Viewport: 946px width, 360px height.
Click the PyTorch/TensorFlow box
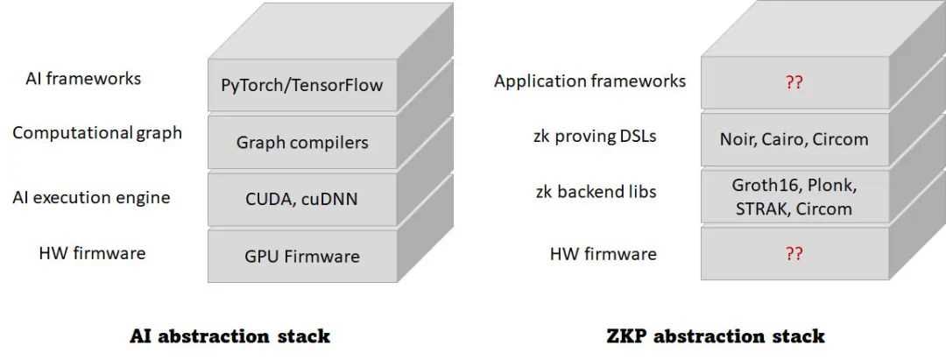click(302, 86)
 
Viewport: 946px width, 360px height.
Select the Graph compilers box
click(302, 142)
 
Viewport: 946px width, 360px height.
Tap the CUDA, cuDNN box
click(302, 199)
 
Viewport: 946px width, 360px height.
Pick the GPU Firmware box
click(302, 256)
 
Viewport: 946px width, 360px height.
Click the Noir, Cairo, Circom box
click(794, 139)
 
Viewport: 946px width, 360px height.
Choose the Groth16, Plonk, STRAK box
click(794, 197)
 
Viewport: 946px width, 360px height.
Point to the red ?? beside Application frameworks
click(794, 82)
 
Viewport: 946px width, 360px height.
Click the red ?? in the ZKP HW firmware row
click(794, 253)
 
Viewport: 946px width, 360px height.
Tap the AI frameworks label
click(83, 79)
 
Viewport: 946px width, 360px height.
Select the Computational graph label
click(97, 133)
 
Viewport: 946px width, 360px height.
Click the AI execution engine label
click(90, 197)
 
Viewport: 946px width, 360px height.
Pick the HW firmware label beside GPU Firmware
click(92, 253)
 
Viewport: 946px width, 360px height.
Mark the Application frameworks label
click(589, 81)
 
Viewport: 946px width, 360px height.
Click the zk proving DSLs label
click(596, 136)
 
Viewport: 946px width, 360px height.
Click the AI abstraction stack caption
click(229, 335)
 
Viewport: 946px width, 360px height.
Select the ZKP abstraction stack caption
click(715, 335)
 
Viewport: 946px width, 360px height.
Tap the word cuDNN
click(329, 199)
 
